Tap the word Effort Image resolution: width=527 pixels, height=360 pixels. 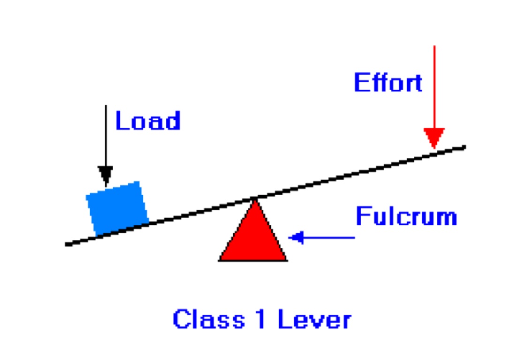click(x=388, y=83)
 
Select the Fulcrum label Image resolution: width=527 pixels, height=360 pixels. click(x=406, y=217)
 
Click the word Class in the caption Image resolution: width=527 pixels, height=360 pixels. click(x=209, y=320)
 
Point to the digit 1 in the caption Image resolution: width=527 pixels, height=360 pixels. click(x=261, y=320)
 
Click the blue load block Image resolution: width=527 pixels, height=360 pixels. click(x=117, y=207)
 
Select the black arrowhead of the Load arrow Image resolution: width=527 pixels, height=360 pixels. click(x=105, y=175)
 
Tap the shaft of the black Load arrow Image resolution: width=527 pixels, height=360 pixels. click(x=105, y=136)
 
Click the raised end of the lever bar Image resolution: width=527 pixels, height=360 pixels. click(x=462, y=148)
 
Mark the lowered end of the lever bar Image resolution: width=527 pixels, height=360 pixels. click(x=68, y=243)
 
